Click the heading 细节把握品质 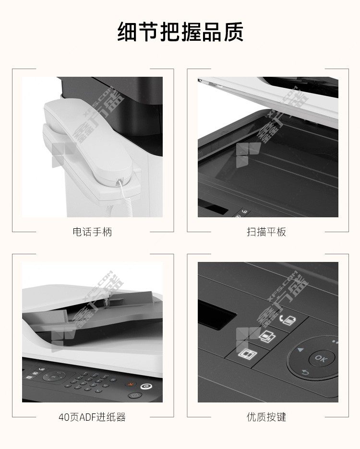click(x=180, y=32)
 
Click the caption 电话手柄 click(x=92, y=232)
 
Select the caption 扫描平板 click(x=266, y=232)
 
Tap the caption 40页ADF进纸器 click(x=92, y=417)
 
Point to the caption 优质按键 click(x=266, y=417)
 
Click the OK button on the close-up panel click(x=321, y=358)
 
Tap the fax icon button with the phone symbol click(x=288, y=320)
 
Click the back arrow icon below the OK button click(x=306, y=373)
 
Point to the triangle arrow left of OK click(x=300, y=350)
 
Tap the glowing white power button click(x=146, y=387)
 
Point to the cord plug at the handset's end click(x=120, y=182)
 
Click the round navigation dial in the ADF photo click(x=54, y=376)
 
